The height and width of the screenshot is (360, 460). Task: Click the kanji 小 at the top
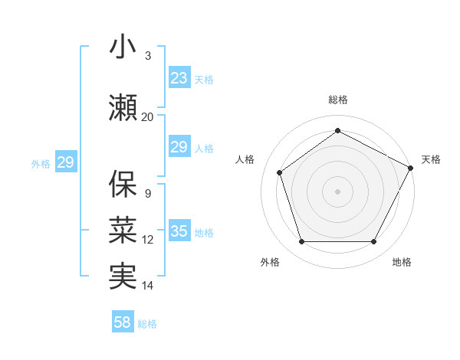123,47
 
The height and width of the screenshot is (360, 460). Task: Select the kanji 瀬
123,107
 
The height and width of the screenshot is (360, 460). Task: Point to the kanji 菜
123,230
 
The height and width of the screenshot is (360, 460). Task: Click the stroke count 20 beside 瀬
148,116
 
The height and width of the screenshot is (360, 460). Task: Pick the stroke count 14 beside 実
148,286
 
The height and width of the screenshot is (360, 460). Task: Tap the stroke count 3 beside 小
148,56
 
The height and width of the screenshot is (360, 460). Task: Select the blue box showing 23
179,77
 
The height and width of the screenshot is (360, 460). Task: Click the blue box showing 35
179,231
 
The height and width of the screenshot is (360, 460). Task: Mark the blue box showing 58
123,322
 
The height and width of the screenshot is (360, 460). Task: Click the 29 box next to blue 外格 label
65,162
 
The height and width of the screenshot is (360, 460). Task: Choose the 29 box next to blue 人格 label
179,147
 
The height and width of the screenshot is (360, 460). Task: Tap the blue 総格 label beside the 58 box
148,324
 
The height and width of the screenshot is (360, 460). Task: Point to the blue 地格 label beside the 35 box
204,233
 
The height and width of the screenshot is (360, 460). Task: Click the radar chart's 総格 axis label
338,100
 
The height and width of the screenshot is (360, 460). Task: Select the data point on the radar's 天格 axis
412,168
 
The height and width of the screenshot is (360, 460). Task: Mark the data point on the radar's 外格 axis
301,242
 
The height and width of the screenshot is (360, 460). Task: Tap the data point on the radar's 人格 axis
280,172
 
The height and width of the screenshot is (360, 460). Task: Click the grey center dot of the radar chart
337,191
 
